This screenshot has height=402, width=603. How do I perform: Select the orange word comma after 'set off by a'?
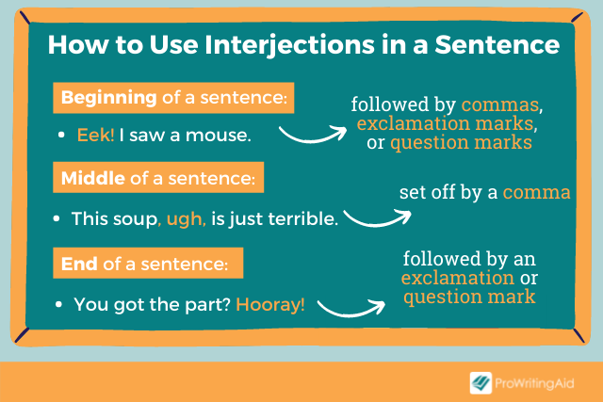(536, 192)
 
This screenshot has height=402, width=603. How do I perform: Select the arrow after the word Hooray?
(350, 307)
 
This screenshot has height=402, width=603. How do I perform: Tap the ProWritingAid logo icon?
(481, 381)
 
